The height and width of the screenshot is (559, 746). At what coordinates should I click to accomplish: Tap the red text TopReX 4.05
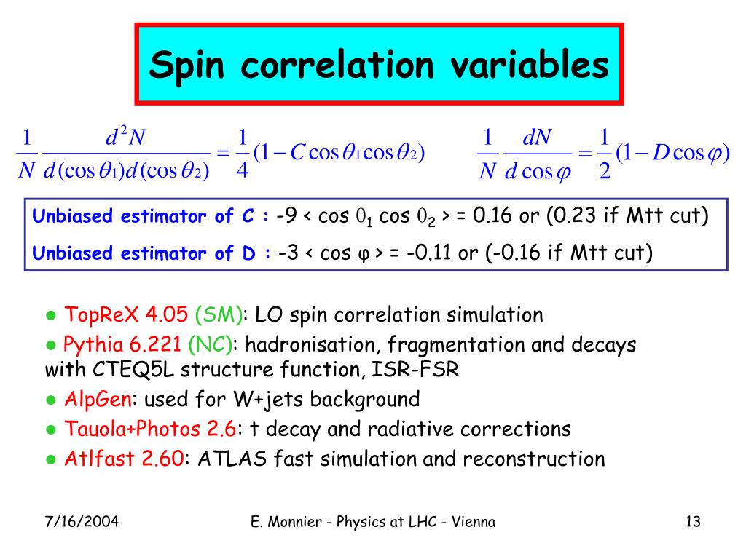(127, 315)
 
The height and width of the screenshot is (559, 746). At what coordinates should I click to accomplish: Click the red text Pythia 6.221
(123, 344)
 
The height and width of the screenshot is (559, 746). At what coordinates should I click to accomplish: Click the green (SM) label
(219, 315)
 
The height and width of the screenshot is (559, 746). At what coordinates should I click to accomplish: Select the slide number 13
(692, 522)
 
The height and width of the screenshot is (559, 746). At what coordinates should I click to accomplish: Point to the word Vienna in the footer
(472, 522)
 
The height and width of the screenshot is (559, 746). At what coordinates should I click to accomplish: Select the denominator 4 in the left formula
(243, 172)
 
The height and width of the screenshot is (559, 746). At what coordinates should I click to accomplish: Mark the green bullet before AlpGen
(51, 400)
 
